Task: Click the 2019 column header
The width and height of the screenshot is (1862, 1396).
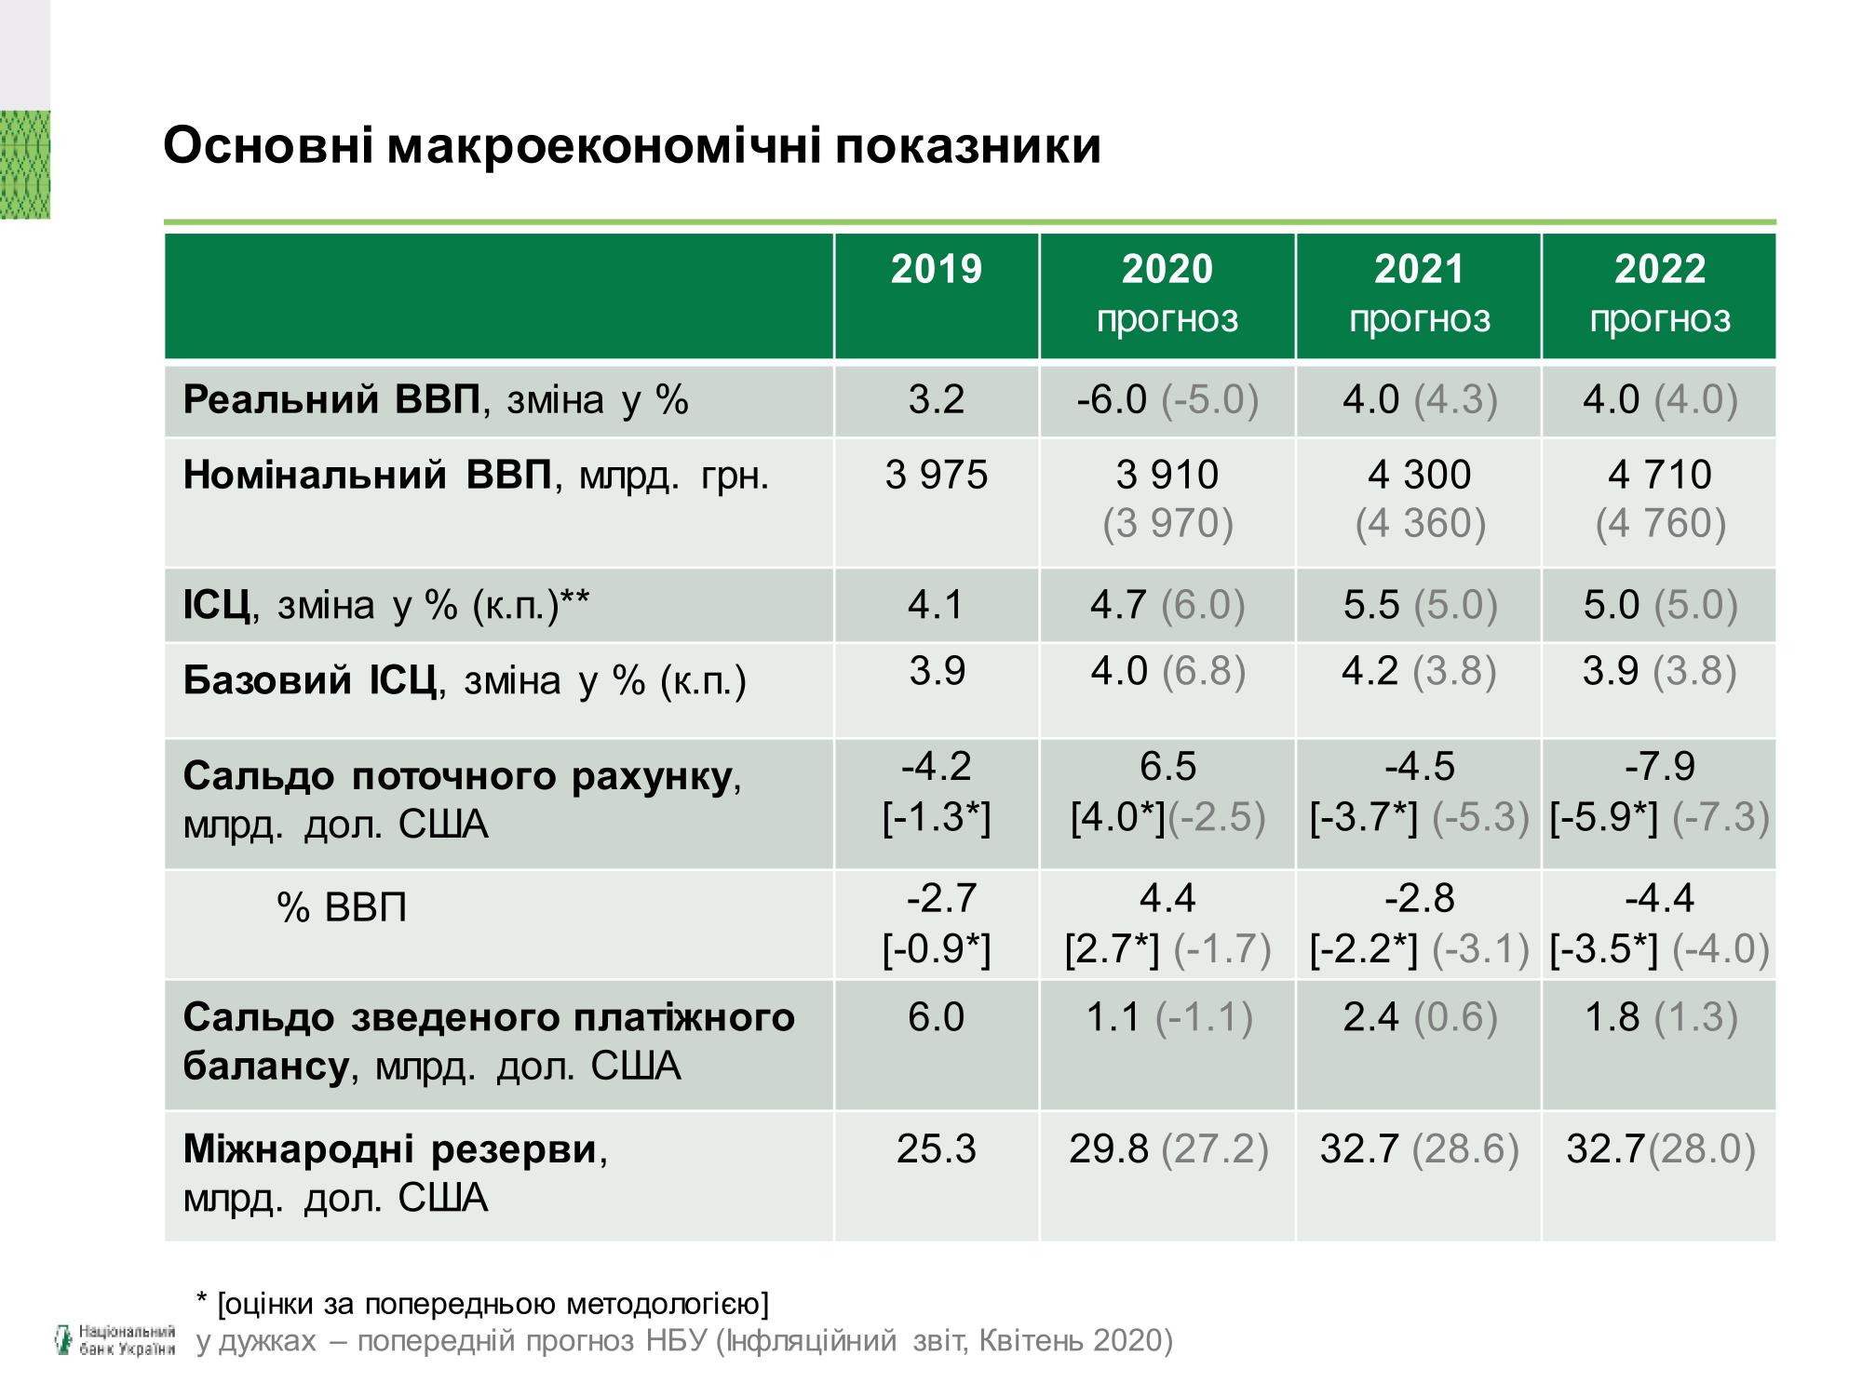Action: pyautogui.click(x=936, y=270)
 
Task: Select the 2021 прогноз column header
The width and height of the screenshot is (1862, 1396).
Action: pyautogui.click(x=1419, y=293)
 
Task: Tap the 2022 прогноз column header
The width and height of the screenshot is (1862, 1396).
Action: pyautogui.click(x=1659, y=293)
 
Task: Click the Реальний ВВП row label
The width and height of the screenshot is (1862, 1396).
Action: pyautogui.click(x=435, y=400)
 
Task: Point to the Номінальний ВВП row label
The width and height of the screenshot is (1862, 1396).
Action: pyautogui.click(x=475, y=476)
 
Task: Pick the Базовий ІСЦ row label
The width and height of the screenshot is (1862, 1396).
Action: pyautogui.click(x=464, y=680)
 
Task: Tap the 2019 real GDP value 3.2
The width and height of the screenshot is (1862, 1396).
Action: pyautogui.click(x=936, y=400)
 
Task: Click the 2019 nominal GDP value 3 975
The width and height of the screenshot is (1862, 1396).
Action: pyautogui.click(x=936, y=476)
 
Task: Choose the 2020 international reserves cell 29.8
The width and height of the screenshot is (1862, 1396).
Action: pyautogui.click(x=1167, y=1149)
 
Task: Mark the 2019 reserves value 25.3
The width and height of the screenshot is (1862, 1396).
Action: pyautogui.click(x=936, y=1149)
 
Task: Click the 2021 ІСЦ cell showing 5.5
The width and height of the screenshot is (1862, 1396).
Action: pyautogui.click(x=1419, y=605)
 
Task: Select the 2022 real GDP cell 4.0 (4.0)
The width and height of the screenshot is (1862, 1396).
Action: pyautogui.click(x=1659, y=400)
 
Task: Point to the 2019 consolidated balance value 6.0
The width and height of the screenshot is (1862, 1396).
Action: pyautogui.click(x=936, y=1016)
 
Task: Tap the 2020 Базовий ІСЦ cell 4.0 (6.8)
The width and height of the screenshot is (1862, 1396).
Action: pyautogui.click(x=1167, y=671)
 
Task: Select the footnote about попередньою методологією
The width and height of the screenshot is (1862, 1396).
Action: pyautogui.click(x=482, y=1304)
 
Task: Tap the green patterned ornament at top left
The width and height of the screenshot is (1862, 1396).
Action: pyautogui.click(x=25, y=165)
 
